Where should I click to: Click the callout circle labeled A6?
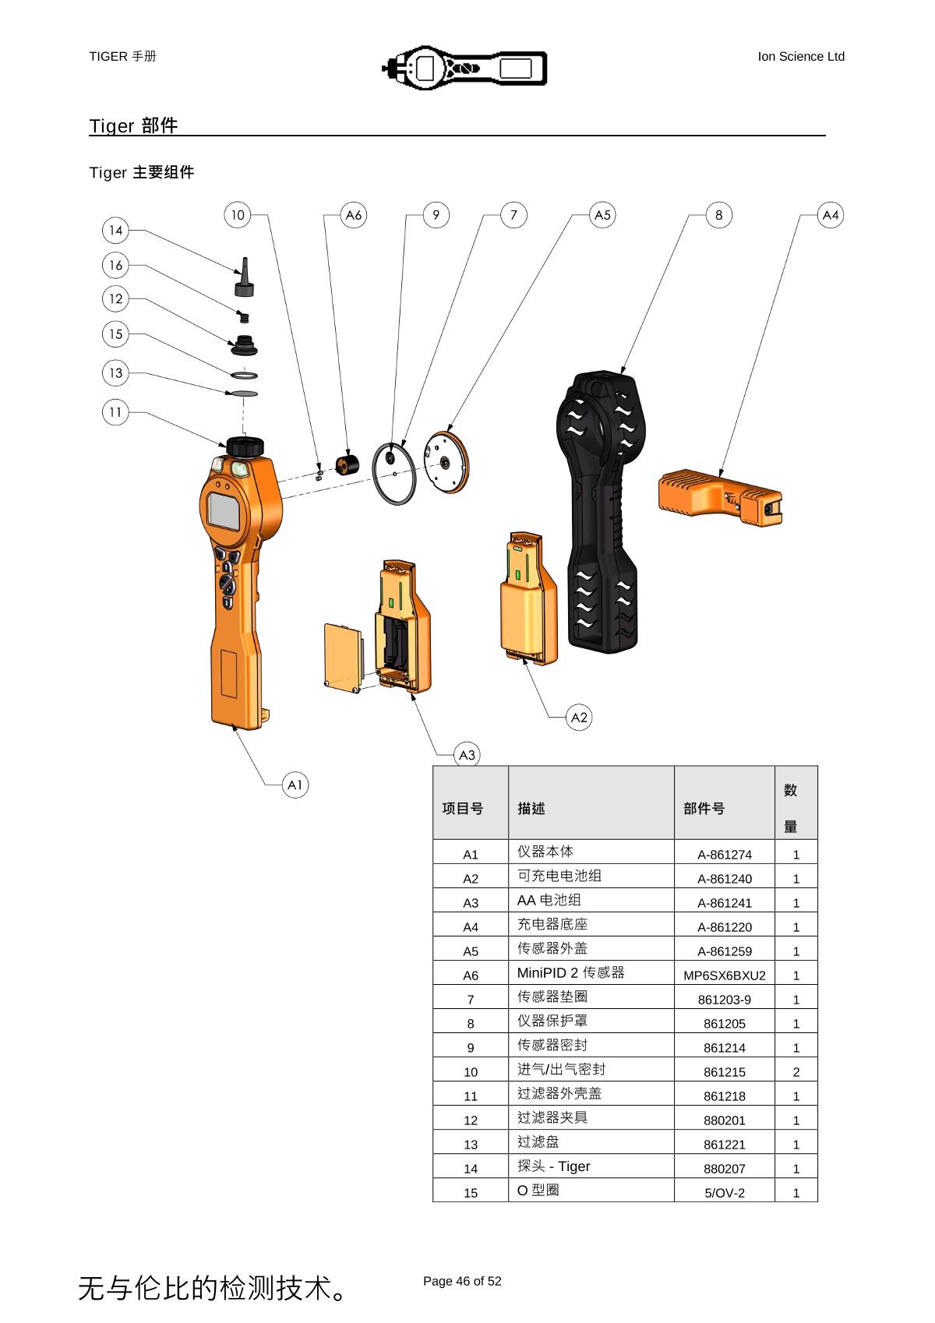pyautogui.click(x=354, y=215)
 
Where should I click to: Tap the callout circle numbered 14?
pyautogui.click(x=115, y=230)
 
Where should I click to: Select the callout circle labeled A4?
pyautogui.click(x=831, y=215)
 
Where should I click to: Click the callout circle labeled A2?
pyautogui.click(x=579, y=717)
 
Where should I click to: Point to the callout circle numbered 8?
pyautogui.click(x=718, y=215)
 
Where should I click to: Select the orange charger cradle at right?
pyautogui.click(x=718, y=496)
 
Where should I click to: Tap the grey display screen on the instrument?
pyautogui.click(x=224, y=512)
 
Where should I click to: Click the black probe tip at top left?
pyautogui.click(x=245, y=278)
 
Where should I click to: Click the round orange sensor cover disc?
pyautogui.click(x=447, y=463)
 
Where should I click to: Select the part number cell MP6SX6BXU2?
pyautogui.click(x=724, y=975)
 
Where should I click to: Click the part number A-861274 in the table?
pyautogui.click(x=724, y=854)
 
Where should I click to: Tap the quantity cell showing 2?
pyautogui.click(x=796, y=1071)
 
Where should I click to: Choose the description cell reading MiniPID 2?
pyautogui.click(x=571, y=972)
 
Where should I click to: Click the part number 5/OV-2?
pyautogui.click(x=724, y=1192)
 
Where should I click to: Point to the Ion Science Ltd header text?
pyautogui.click(x=800, y=56)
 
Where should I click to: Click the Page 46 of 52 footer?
pyautogui.click(x=462, y=1281)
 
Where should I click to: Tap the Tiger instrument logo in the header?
pyautogui.click(x=464, y=67)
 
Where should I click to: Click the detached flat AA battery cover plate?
pyautogui.click(x=343, y=654)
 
